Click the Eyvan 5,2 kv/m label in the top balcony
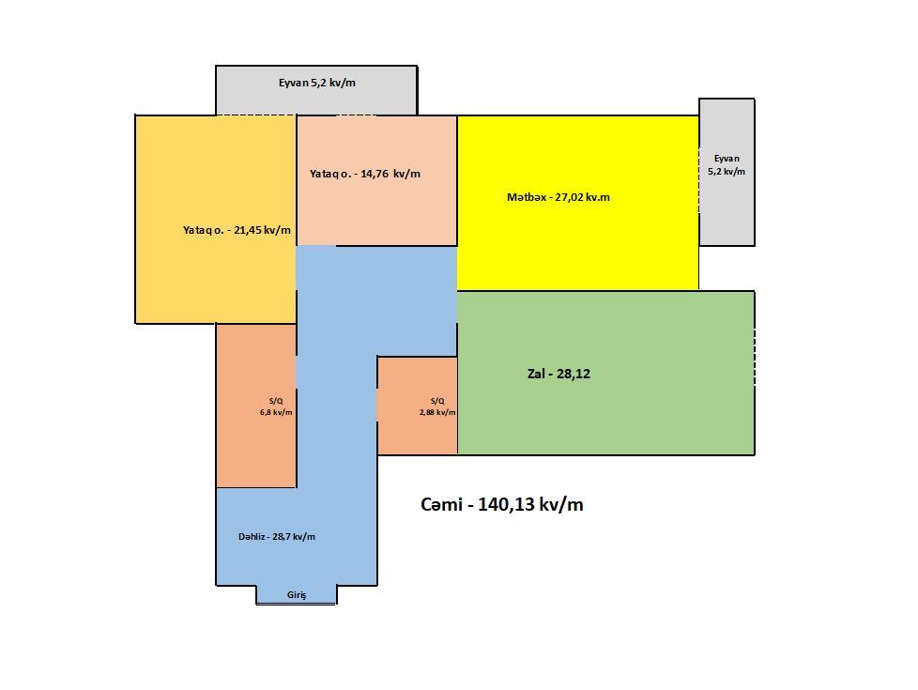316,83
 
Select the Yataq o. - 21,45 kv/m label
237,230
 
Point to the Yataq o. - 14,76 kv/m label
365,174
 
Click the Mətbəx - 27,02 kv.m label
558,197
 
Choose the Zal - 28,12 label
558,374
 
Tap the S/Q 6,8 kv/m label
276,406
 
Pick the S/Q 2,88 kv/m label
437,406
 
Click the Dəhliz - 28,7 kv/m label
276,537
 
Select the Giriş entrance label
297,595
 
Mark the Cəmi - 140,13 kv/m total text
502,504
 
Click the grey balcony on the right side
727,172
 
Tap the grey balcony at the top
316,90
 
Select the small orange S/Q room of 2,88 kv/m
417,406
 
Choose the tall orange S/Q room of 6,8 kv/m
256,406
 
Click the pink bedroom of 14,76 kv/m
377,180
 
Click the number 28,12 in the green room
574,374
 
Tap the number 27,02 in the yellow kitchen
569,197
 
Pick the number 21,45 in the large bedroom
247,230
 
